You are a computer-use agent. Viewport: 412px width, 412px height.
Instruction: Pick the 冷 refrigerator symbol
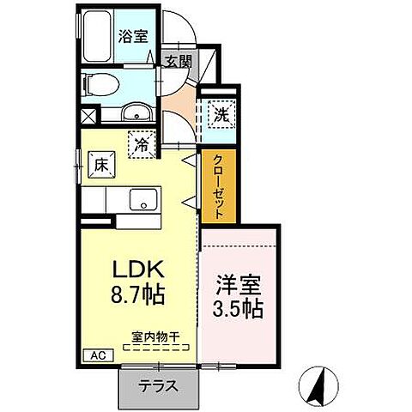click(x=142, y=144)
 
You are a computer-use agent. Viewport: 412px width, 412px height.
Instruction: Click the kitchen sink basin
click(x=140, y=200)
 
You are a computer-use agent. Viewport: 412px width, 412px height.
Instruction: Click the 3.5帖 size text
click(x=238, y=308)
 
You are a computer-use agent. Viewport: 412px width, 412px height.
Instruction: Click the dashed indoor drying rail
click(x=156, y=347)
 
